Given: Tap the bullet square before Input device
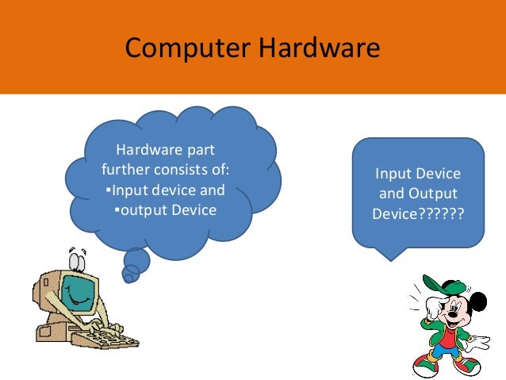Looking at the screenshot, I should [108, 190].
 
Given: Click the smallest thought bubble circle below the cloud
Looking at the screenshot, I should [128, 277].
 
